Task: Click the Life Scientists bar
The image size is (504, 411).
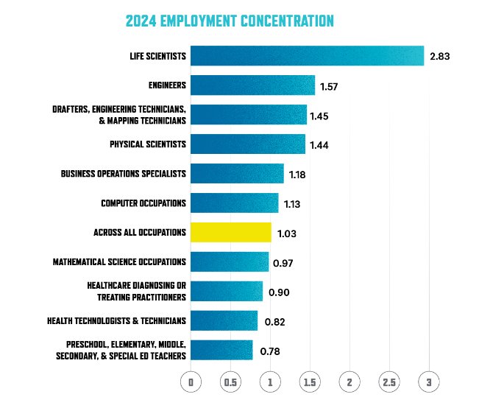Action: [x=307, y=56]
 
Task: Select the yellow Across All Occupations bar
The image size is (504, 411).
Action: [x=230, y=233]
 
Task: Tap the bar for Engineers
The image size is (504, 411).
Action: [x=252, y=85]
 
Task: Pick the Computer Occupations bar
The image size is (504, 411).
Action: [x=235, y=203]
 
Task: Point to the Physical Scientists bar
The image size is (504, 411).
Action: [x=248, y=144]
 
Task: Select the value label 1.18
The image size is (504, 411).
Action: [x=297, y=175]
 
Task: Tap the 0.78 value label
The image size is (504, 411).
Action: [x=270, y=351]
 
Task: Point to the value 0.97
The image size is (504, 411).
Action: [x=284, y=263]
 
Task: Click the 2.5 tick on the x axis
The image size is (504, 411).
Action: [x=389, y=382]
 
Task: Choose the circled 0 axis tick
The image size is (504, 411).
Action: [x=191, y=382]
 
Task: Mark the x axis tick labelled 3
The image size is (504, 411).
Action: [x=429, y=382]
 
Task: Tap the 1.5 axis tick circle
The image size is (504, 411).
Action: [x=310, y=382]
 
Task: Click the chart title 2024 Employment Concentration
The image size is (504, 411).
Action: [x=230, y=21]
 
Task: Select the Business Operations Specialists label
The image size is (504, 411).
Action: [x=124, y=175]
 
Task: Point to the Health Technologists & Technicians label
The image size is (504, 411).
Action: [x=116, y=321]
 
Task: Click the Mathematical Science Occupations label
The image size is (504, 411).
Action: [x=119, y=262]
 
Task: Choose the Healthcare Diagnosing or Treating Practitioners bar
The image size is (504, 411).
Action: [x=227, y=292]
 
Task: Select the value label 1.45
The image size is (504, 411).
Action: [x=319, y=116]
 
